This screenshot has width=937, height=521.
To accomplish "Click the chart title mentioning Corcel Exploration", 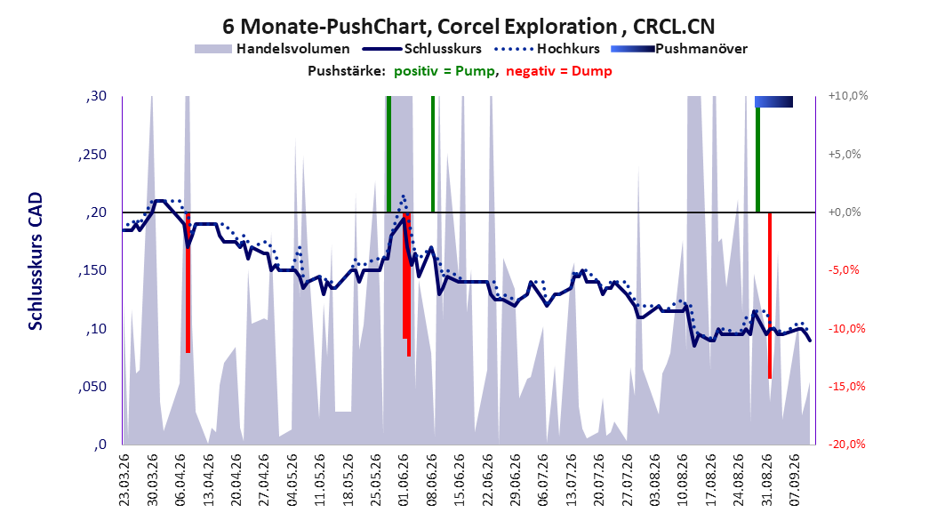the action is (x=468, y=27).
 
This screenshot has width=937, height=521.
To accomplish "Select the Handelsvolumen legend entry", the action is (x=273, y=49).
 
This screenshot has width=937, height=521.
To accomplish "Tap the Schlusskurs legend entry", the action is (x=422, y=49).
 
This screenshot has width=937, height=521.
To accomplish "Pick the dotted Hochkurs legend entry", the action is (x=548, y=49).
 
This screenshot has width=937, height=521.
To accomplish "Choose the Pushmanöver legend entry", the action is (x=679, y=49).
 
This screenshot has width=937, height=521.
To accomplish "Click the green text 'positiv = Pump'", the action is (x=444, y=71).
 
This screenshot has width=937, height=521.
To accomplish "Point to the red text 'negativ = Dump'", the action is (x=559, y=71).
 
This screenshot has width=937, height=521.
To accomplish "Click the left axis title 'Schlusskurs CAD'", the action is (x=36, y=261).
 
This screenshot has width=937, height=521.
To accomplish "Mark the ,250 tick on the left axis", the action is (x=92, y=155).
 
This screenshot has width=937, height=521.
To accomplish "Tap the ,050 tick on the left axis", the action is (x=92, y=387).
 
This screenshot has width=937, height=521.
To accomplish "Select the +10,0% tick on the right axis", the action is (x=848, y=96).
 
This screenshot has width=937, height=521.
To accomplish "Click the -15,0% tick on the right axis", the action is (x=846, y=387).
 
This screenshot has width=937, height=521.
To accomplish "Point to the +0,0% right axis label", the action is (x=845, y=212).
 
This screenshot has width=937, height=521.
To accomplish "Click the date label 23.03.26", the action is (x=124, y=480).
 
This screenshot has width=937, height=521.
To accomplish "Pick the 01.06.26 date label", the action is (x=404, y=480).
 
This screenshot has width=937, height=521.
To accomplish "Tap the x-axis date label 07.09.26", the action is (x=795, y=480).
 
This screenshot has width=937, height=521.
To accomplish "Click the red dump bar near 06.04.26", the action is (x=188, y=283).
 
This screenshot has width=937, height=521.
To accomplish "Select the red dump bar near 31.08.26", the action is (x=770, y=295).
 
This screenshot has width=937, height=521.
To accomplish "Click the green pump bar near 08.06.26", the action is (x=433, y=154).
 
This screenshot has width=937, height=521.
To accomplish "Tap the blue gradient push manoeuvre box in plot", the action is (x=773, y=101).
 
